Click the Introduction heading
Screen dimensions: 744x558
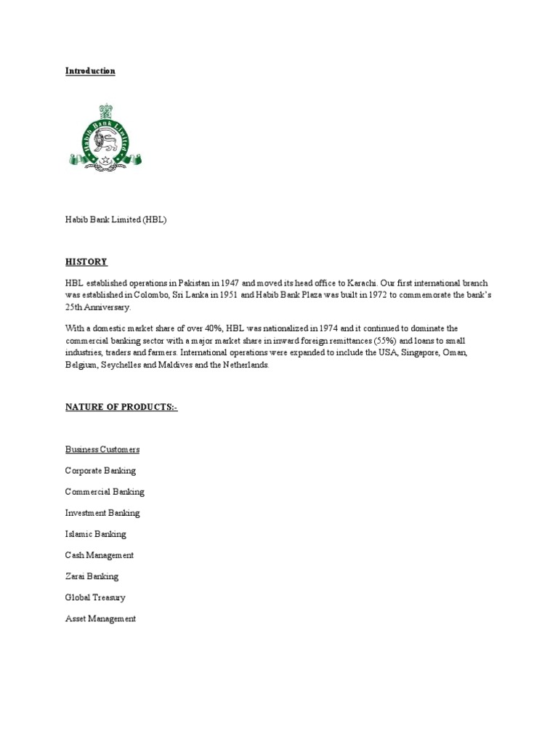point(90,71)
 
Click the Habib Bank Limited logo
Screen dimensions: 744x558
point(105,136)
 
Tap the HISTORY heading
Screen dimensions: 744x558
point(86,262)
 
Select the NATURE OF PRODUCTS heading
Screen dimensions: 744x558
point(121,408)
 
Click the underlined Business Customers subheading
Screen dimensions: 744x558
point(102,450)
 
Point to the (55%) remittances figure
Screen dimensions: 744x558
point(385,341)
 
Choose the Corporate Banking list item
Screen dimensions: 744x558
point(100,471)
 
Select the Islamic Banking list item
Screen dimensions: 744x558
point(95,534)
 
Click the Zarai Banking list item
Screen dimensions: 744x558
point(92,576)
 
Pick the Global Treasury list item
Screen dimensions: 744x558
point(95,597)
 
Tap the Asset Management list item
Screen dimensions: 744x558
point(100,618)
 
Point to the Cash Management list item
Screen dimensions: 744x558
point(100,555)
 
